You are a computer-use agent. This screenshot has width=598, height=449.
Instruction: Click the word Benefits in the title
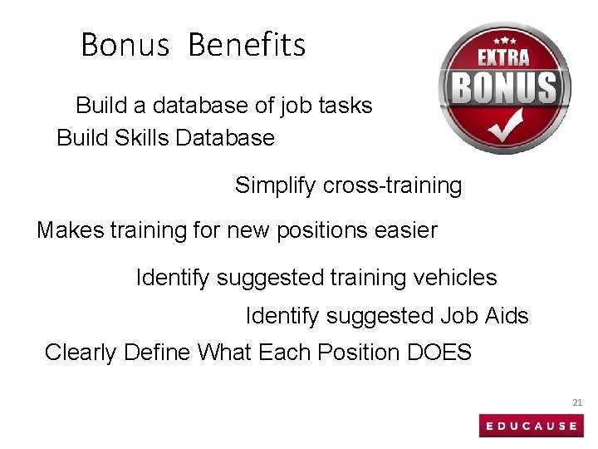(247, 45)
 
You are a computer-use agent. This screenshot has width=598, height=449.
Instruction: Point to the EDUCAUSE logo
(532, 426)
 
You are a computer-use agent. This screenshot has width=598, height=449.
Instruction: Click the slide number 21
(577, 402)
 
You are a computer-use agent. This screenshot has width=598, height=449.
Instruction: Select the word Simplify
(276, 185)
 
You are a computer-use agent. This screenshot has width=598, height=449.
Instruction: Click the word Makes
(70, 229)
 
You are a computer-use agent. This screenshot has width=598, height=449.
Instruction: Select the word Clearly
(81, 353)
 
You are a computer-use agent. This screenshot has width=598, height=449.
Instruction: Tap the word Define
(157, 353)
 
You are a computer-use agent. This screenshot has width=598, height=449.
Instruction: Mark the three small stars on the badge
(504, 39)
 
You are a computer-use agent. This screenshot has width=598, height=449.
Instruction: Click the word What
(225, 353)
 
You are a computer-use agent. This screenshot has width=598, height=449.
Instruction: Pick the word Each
(282, 353)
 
